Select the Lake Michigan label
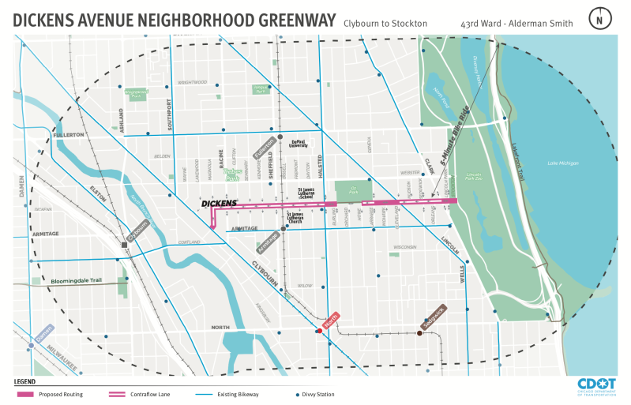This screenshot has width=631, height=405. [563, 163]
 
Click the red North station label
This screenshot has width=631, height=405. [331, 319]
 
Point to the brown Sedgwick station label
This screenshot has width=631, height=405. [434, 316]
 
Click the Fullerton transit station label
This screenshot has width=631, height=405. [265, 147]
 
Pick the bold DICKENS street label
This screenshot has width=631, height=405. [219, 203]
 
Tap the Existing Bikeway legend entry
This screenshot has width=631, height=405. [241, 394]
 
